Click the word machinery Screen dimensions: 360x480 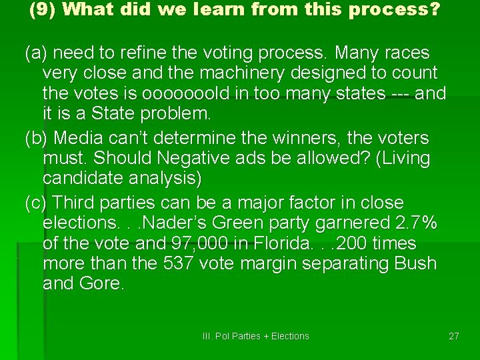coord(231,73)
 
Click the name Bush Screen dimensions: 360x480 coord(414,264)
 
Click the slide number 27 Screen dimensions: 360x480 coord(453,336)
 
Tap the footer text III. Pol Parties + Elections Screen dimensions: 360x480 coord(255,336)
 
